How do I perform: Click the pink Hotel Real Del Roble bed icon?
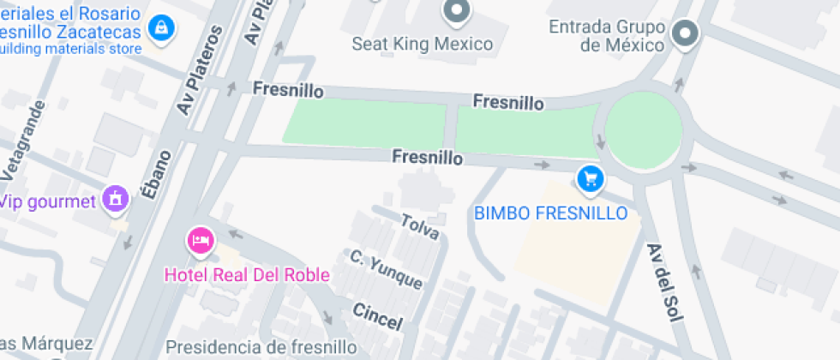(x=201, y=241)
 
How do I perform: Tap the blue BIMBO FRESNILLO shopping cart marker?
(x=591, y=179)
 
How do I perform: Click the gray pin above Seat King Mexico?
(x=456, y=11)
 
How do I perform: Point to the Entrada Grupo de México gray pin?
(x=685, y=34)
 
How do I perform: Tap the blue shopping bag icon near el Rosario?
(x=159, y=27)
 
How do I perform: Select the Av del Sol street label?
(x=665, y=282)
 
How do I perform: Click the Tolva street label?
(x=420, y=226)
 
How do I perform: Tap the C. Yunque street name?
(x=386, y=269)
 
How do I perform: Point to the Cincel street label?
(x=377, y=316)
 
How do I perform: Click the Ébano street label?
(x=158, y=175)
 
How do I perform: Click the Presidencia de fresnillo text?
(x=261, y=347)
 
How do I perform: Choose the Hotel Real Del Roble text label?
(x=247, y=275)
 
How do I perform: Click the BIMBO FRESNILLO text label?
(x=551, y=213)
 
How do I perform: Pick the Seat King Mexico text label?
(x=423, y=44)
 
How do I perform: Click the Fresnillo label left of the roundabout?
(x=508, y=102)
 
